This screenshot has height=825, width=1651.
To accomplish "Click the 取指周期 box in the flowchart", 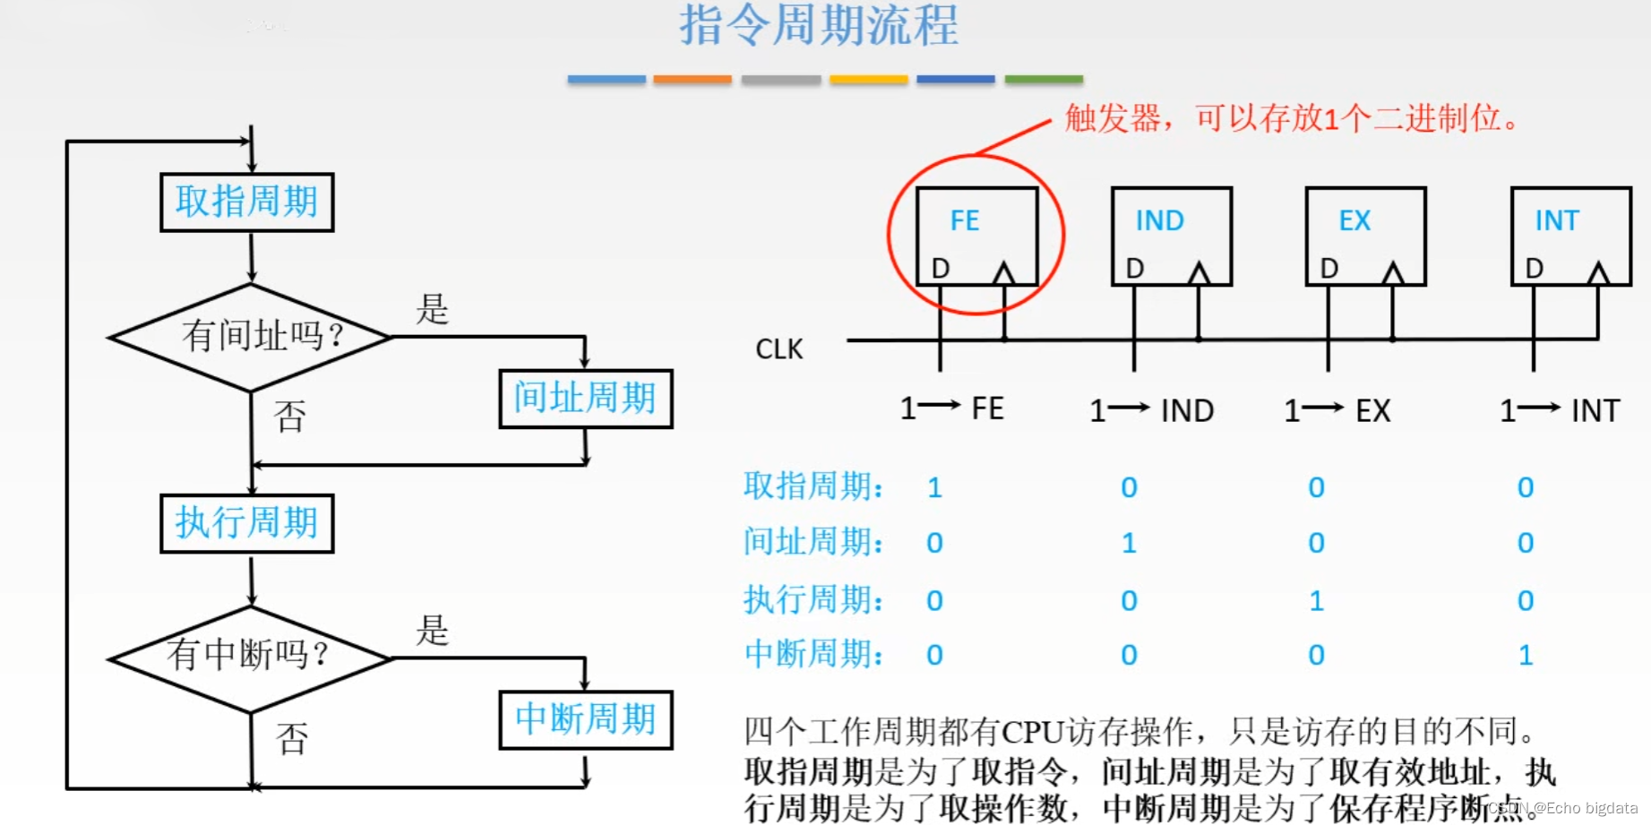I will click(246, 202).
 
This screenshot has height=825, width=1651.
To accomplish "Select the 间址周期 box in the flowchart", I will click(585, 399).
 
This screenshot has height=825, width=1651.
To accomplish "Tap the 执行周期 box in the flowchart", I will click(246, 523).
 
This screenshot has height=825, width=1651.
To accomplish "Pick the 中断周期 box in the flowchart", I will click(585, 719).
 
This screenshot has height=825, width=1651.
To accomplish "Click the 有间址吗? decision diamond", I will click(251, 337).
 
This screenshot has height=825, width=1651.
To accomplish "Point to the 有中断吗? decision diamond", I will click(251, 657).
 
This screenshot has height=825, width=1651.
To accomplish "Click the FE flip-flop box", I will click(976, 236).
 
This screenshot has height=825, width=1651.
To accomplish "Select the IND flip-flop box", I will click(1172, 236).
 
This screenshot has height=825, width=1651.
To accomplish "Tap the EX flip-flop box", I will click(1365, 236).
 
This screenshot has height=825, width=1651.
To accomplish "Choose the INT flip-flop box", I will click(1570, 236).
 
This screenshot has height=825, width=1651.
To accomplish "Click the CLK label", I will click(779, 349).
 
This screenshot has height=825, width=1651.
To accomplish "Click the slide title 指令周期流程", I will click(819, 25).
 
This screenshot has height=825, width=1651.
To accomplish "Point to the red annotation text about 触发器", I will click(1290, 118).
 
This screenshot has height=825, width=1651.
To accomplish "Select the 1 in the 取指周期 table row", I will click(934, 488).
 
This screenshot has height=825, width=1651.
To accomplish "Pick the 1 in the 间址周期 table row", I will click(1129, 544).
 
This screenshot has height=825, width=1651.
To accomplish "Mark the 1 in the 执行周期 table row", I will click(1316, 601).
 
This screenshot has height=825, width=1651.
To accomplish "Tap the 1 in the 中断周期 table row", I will click(1526, 656).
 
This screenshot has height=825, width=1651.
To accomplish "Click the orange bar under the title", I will click(692, 80).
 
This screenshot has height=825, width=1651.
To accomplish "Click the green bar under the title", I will click(1044, 80).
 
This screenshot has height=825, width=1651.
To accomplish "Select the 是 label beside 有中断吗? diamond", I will click(432, 631).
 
